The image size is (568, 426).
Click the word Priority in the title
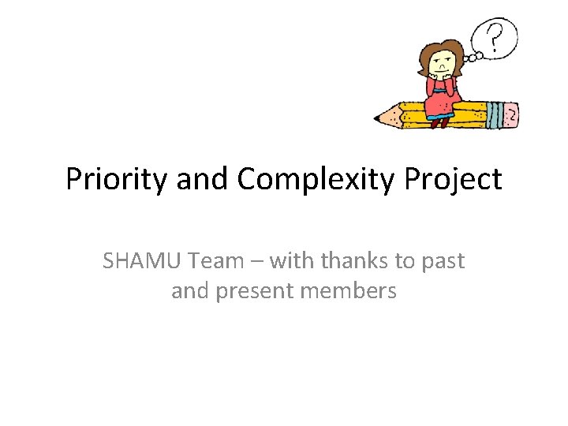coord(117,180)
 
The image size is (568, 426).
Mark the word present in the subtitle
coord(255,291)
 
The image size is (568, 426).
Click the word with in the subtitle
coord(291,261)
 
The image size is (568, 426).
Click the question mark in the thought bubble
coord(495,36)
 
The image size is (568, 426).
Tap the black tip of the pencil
coord(377,121)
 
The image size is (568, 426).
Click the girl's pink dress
coord(442,103)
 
